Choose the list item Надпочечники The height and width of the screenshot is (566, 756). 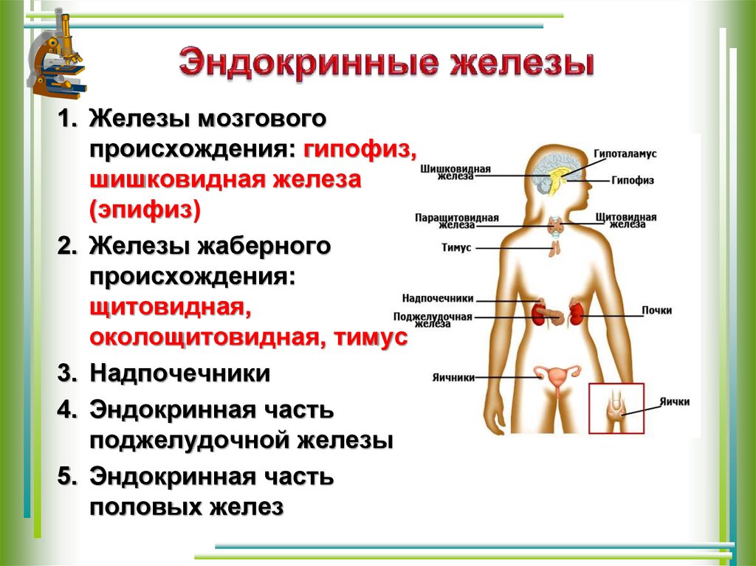(179, 373)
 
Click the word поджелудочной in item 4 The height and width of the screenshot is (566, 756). (190, 441)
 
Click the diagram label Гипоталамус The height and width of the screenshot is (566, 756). (625, 153)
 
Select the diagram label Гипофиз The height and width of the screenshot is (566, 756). (633, 180)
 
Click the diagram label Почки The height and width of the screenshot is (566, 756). (656, 311)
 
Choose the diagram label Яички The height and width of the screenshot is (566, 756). (676, 402)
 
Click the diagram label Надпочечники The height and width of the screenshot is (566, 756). (438, 299)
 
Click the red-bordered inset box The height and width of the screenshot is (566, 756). (616, 408)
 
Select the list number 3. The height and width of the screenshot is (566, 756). (67, 374)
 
